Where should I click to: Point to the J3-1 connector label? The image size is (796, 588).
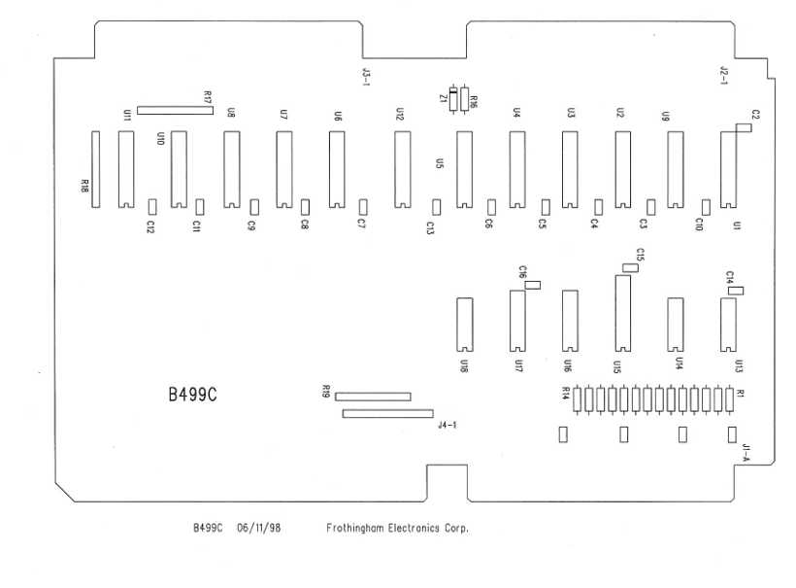[x=366, y=77]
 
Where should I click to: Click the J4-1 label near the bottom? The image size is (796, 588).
[x=448, y=425]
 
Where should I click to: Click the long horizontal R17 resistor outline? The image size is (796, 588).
[x=175, y=111]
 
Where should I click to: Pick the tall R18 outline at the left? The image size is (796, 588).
[x=95, y=170]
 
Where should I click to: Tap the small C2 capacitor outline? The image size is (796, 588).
[x=744, y=127]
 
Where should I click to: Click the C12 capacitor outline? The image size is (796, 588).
[x=152, y=206]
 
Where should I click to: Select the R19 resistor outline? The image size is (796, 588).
[x=373, y=397]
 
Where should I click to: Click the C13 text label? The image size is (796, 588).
[x=429, y=227]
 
